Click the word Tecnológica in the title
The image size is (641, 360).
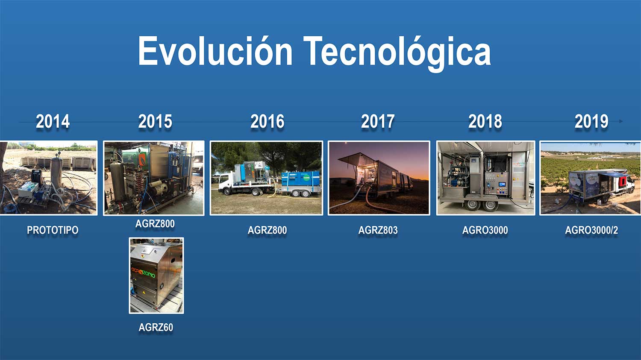pos(397,53)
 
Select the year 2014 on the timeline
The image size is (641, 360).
pos(53,121)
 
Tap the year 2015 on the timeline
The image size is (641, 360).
pos(155,121)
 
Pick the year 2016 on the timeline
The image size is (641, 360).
pos(267,121)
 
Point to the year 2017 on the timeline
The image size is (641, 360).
pos(378,121)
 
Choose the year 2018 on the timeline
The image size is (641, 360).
pos(485,121)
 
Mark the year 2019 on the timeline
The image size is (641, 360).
pos(591,121)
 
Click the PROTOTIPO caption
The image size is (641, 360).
pos(53,230)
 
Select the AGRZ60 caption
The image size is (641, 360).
pos(156,328)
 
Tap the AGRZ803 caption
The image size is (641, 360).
pos(378,230)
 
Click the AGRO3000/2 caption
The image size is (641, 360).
pos(591,230)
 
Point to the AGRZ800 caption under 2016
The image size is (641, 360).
pos(267,230)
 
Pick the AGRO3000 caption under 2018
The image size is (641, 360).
pos(485,230)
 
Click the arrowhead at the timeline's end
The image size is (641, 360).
pos(621,121)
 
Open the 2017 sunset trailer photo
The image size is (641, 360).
pos(379,178)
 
